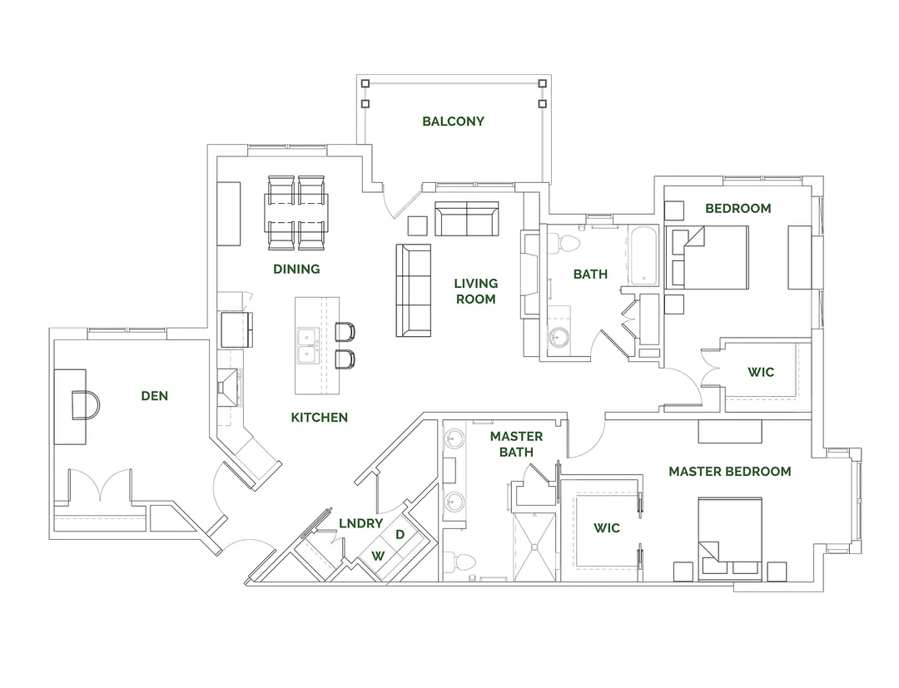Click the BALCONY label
pyautogui.click(x=453, y=121)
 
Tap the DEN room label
pyautogui.click(x=155, y=396)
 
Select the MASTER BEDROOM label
pyautogui.click(x=729, y=472)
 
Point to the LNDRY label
pyautogui.click(x=360, y=523)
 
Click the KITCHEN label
pyautogui.click(x=319, y=417)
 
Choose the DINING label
pyautogui.click(x=296, y=269)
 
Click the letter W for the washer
pyautogui.click(x=378, y=554)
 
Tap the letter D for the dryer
pyautogui.click(x=400, y=533)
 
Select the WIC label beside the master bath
pyautogui.click(x=606, y=528)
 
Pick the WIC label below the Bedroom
pyautogui.click(x=760, y=372)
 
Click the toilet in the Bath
pyautogui.click(x=569, y=242)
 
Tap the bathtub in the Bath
pyautogui.click(x=642, y=255)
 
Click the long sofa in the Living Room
pyautogui.click(x=413, y=289)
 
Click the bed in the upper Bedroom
pyautogui.click(x=714, y=257)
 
